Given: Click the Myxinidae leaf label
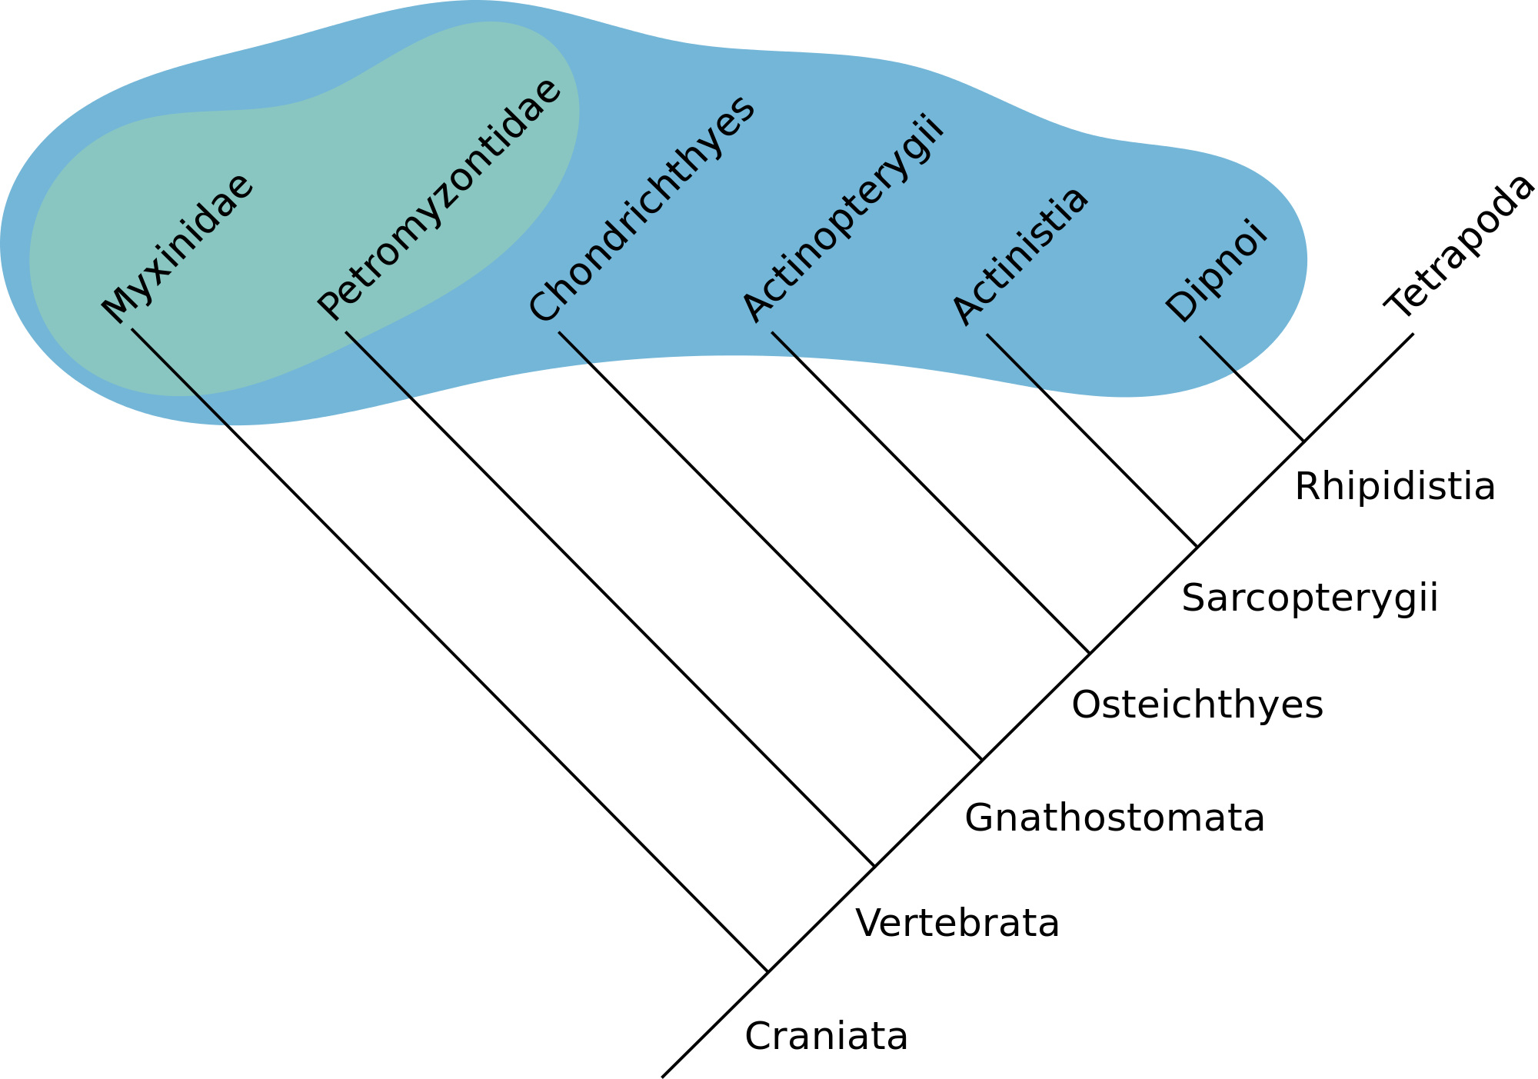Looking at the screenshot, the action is click(178, 248).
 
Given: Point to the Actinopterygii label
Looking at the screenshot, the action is click(843, 218).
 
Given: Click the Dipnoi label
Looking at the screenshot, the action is click(1216, 271).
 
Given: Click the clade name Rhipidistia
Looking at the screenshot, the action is click(1395, 487).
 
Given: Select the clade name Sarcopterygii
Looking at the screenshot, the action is click(1310, 598).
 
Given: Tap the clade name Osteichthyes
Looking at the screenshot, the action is click(1197, 704).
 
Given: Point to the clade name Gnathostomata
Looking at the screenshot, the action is click(1114, 818).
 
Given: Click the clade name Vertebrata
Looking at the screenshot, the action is click(957, 923).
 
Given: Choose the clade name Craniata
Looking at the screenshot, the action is click(826, 1036).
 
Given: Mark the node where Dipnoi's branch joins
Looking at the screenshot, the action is click(1304, 441).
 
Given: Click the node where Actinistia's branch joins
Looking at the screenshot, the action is click(1197, 547).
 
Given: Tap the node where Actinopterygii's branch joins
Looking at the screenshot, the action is click(1090, 654).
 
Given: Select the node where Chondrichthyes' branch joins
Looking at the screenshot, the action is click(982, 760).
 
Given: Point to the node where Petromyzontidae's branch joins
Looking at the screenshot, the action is click(874, 867).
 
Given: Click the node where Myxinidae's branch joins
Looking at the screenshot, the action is click(767, 973).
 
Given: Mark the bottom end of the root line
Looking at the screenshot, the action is click(662, 1077).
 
